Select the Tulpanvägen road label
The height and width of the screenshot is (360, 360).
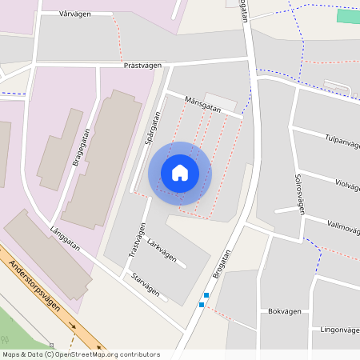tap(342, 141)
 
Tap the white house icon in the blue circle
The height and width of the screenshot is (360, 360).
tap(180, 173)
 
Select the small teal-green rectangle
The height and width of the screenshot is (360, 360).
tap(348, 16)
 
